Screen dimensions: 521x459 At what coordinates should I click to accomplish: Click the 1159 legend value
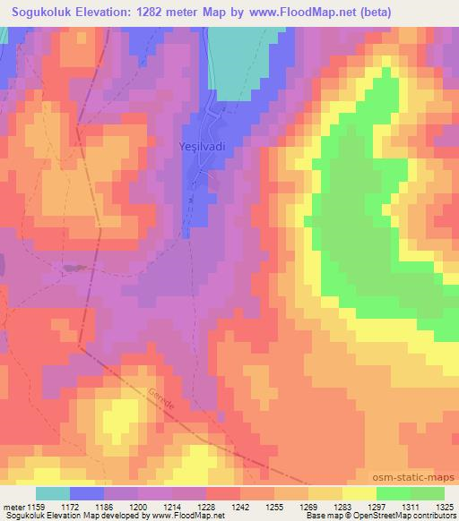click(x=37, y=507)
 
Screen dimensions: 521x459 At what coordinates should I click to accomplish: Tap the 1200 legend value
click(x=139, y=507)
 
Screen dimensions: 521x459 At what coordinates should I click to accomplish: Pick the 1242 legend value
click(x=239, y=507)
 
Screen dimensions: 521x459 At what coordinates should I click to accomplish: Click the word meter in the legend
click(x=13, y=507)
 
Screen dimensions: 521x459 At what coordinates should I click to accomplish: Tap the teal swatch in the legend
click(x=53, y=493)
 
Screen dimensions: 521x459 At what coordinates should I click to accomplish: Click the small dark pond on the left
click(x=74, y=268)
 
